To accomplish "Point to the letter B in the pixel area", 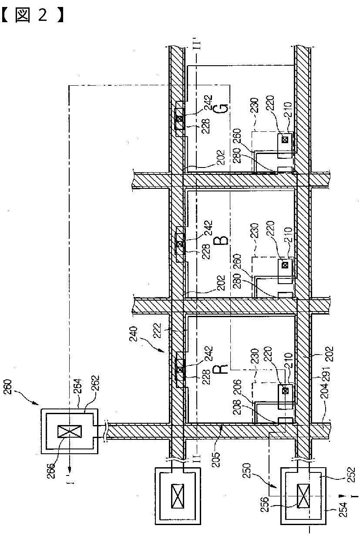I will (221, 239).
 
